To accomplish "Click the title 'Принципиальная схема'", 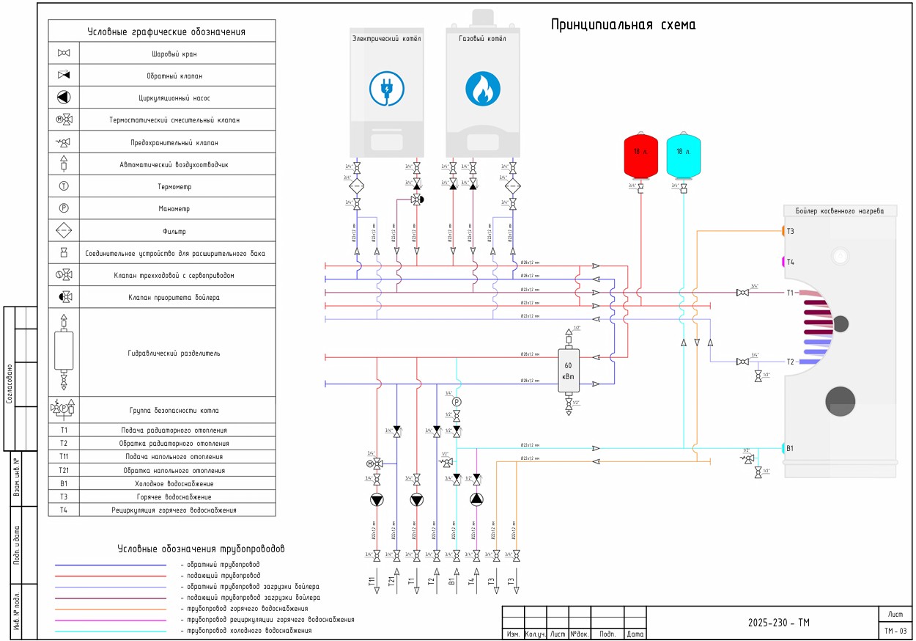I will tap(624, 25).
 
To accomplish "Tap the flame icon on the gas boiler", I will tap(482, 87).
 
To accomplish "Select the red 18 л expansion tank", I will tap(640, 155).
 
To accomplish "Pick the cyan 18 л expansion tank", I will tap(683, 155).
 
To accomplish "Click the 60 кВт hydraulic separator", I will tap(569, 370).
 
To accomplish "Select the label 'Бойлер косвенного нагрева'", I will tap(839, 211).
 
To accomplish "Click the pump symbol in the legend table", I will tap(64, 98).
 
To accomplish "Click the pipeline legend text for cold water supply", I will tap(249, 631).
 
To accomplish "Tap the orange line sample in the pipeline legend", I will tap(111, 609).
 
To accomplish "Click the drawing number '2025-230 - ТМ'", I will tap(778, 623).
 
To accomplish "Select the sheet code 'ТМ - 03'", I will tap(895, 631).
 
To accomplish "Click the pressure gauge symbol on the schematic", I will tap(457, 402).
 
